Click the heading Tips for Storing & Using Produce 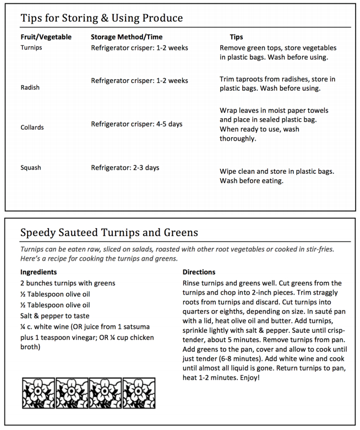(x=102, y=18)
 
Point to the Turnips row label (x=31, y=48)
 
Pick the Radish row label (x=30, y=87)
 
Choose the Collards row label (x=32, y=127)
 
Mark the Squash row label (x=31, y=168)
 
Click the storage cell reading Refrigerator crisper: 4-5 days (x=137, y=124)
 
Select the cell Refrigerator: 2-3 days (x=125, y=167)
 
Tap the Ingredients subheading (x=39, y=272)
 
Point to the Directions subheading (x=199, y=272)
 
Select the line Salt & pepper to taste (x=54, y=316)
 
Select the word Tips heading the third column (x=236, y=37)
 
